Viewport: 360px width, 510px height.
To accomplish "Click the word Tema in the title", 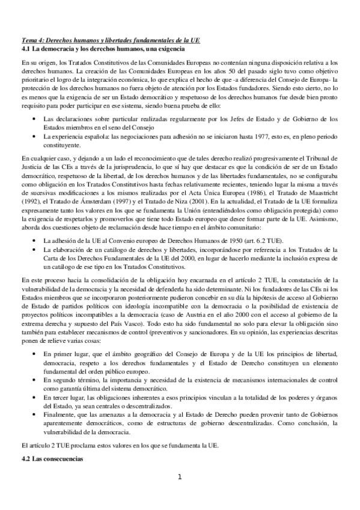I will (x=29, y=40).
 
